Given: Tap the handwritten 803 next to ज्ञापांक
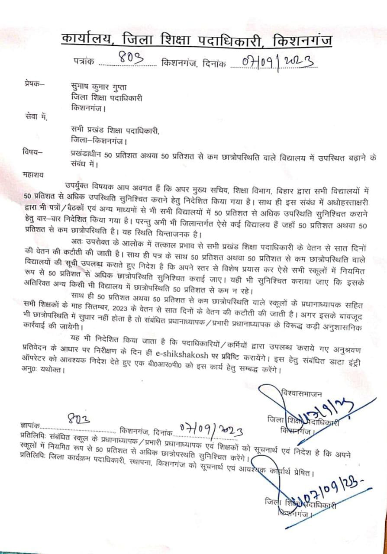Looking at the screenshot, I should [x=79, y=419].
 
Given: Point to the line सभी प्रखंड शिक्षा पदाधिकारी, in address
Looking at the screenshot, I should [x=115, y=130].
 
